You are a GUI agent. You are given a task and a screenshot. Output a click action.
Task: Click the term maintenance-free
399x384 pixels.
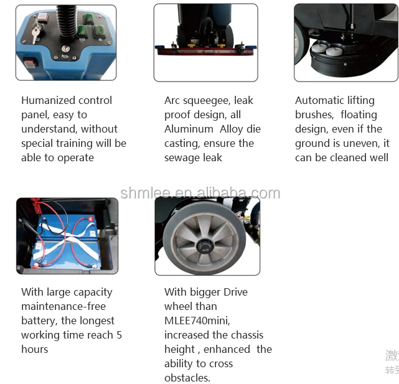(x=63, y=306)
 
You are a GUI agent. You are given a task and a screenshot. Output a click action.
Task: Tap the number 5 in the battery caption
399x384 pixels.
(x=119, y=335)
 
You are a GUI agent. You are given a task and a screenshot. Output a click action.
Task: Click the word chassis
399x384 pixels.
(x=246, y=335)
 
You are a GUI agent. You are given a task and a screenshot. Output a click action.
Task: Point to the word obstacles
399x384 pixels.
(x=187, y=378)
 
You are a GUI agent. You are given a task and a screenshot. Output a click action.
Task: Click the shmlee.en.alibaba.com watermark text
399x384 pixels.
(x=200, y=193)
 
